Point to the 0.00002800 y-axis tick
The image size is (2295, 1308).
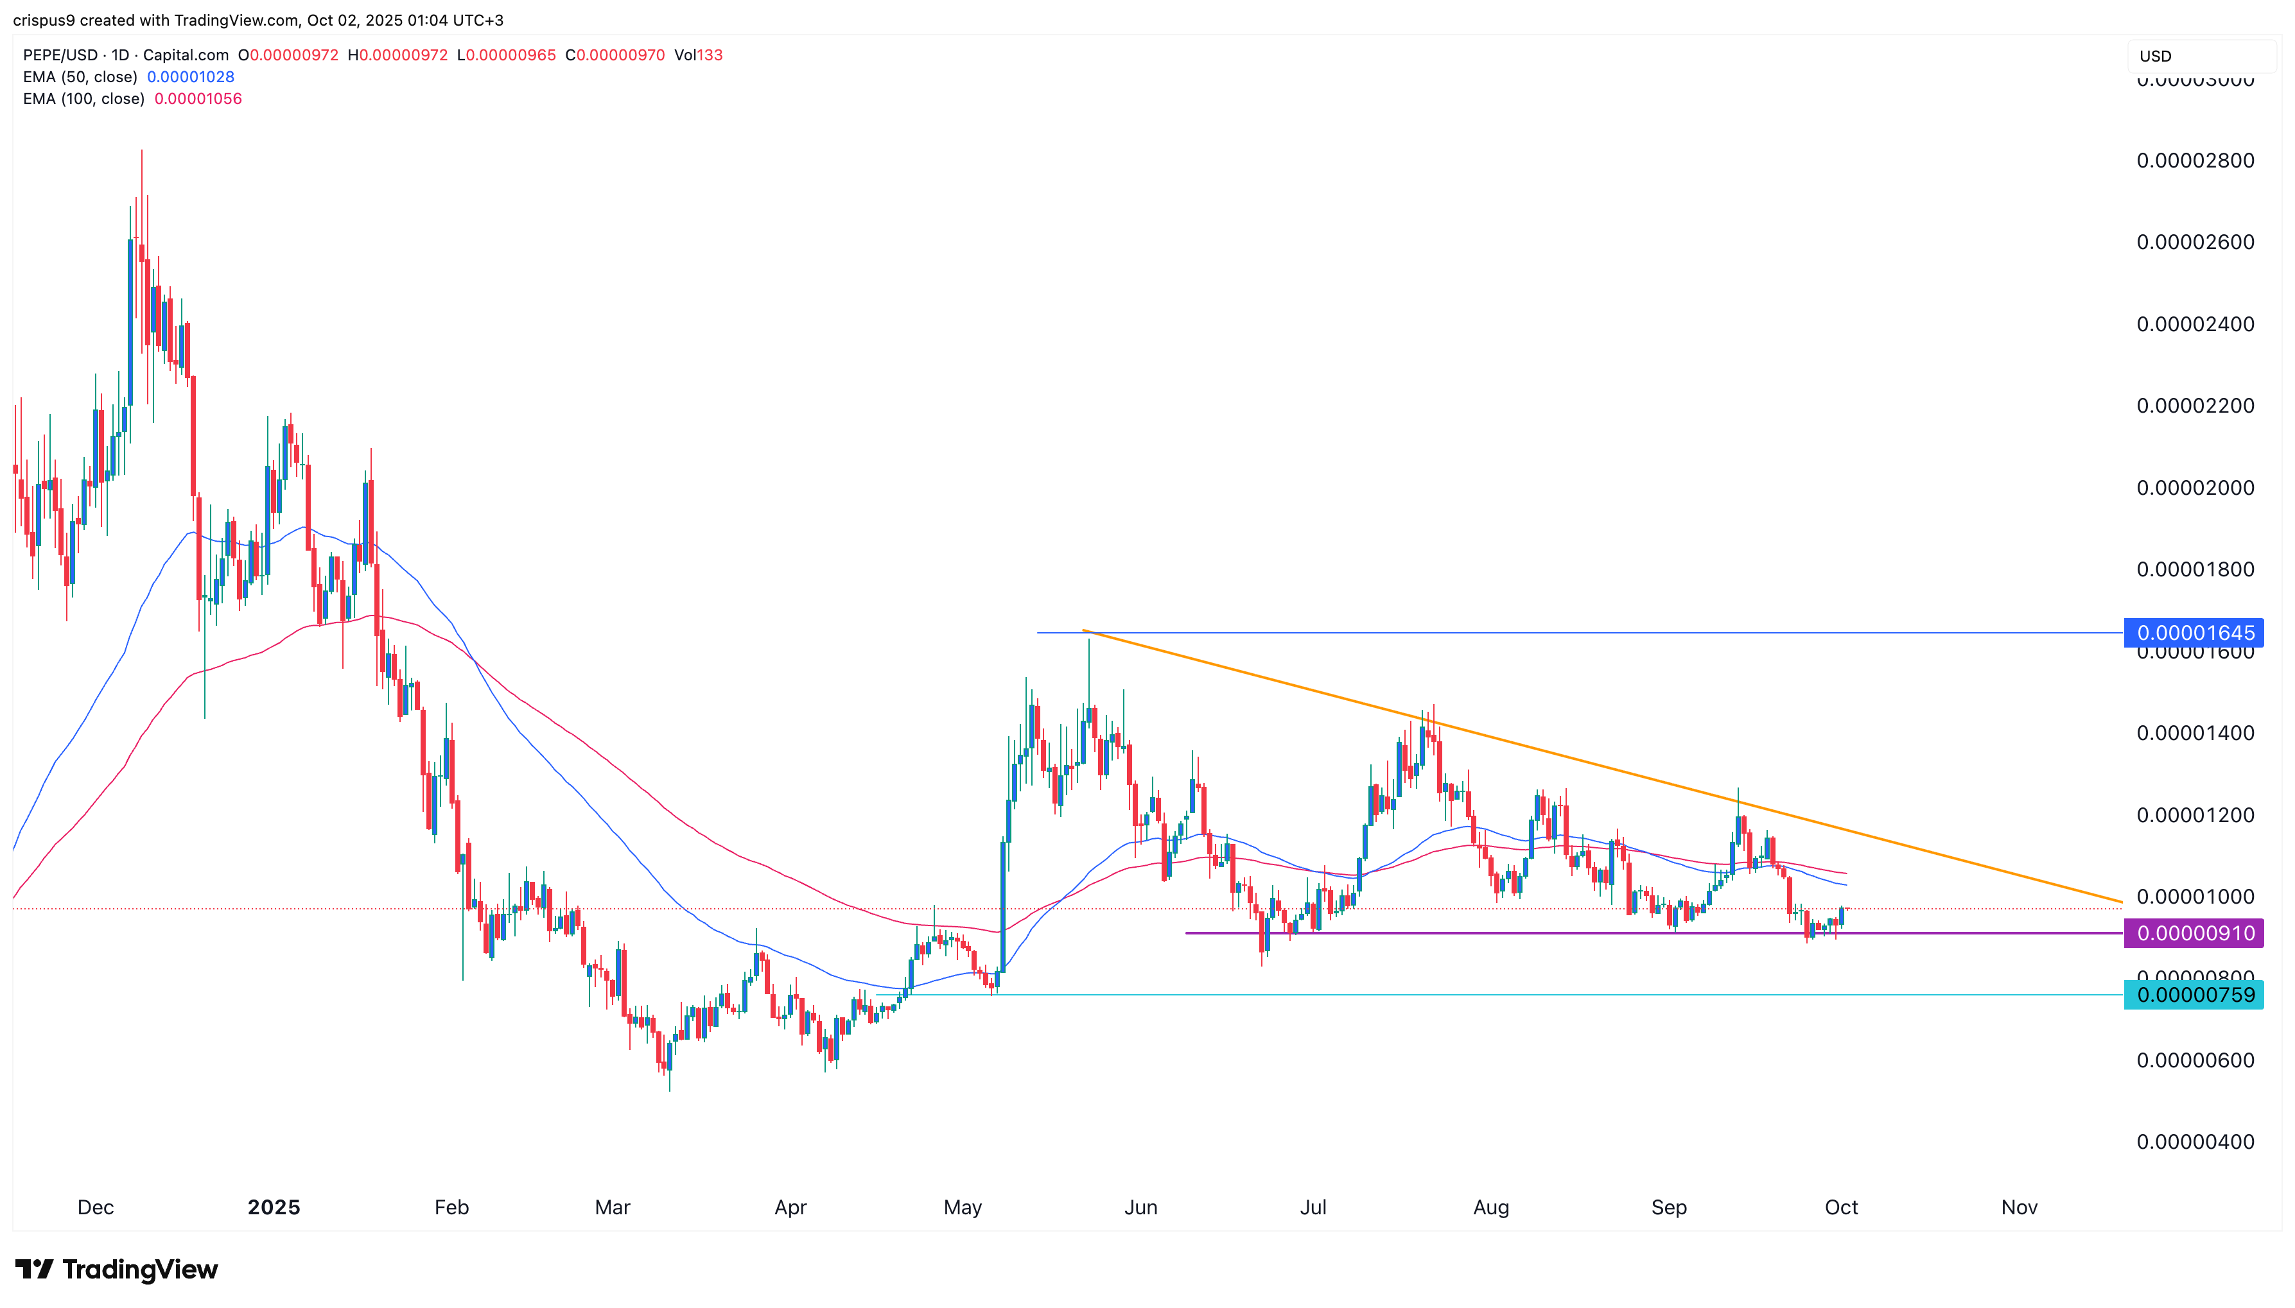[2194, 161]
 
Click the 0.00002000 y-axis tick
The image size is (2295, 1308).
[2194, 488]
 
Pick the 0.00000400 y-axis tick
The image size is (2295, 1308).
[2194, 1142]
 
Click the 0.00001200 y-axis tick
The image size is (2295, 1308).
[2194, 815]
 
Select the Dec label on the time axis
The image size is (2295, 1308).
[95, 1207]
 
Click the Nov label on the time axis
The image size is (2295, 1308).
[2018, 1207]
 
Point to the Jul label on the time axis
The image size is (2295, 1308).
[1313, 1207]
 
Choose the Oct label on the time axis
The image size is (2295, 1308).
[1841, 1207]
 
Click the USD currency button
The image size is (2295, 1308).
[2155, 56]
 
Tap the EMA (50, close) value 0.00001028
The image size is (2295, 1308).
[191, 77]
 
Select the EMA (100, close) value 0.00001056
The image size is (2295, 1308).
[198, 99]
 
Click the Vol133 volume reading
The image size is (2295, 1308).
[698, 55]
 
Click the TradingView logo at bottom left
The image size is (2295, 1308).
[117, 1269]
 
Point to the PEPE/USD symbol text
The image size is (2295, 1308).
[60, 55]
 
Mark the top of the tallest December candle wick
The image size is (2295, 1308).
[141, 151]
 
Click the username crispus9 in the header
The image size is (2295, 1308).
[44, 20]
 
